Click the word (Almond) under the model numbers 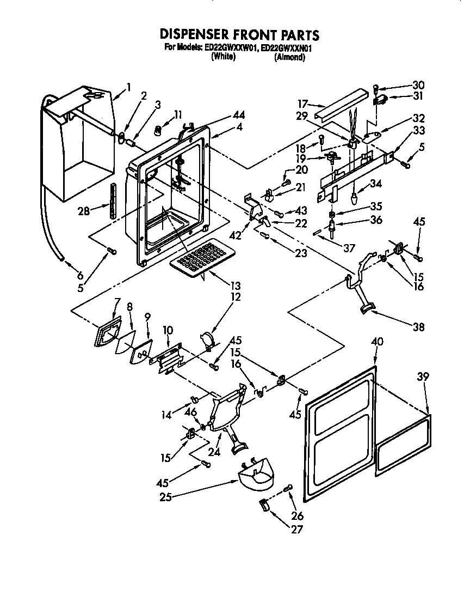click(x=290, y=57)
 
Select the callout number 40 click(x=377, y=342)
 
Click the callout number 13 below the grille click(x=236, y=286)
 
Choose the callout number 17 click(x=303, y=103)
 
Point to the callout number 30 click(x=418, y=85)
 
